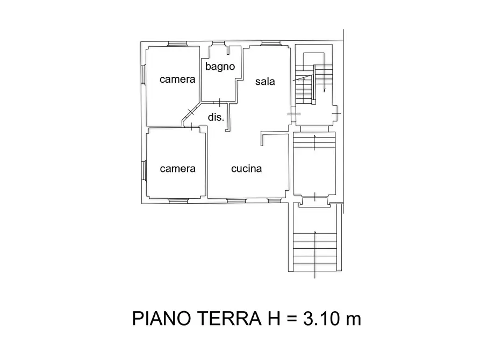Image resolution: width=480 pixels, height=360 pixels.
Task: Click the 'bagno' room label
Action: (220, 67)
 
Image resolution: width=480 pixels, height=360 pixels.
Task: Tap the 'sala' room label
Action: (265, 82)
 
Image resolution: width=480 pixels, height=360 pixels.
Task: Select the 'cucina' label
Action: (246, 169)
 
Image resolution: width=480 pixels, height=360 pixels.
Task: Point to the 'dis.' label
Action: (216, 117)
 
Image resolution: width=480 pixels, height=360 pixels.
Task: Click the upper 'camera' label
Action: (177, 80)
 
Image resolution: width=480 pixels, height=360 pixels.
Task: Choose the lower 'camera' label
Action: (177, 169)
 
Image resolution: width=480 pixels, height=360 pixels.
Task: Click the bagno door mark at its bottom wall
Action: (220, 102)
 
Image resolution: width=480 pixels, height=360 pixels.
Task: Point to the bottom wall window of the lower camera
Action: (177, 200)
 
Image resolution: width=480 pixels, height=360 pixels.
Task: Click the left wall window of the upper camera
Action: (144, 75)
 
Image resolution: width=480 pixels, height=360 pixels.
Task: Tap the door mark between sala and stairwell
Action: (292, 114)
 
